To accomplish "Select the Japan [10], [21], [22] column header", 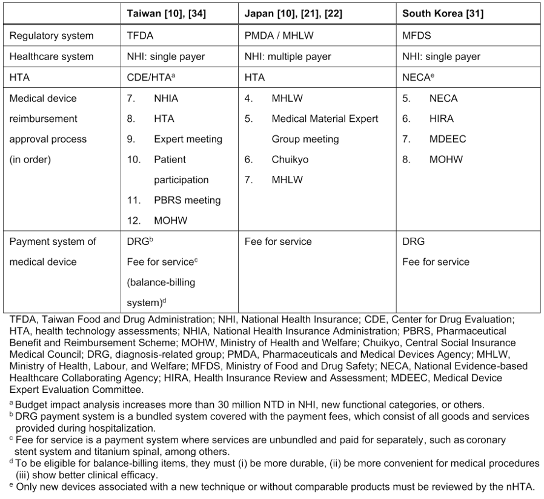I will point(293,13).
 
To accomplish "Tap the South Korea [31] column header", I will point(443,13).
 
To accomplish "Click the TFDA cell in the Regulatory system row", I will point(139,36).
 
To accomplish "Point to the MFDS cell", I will point(416,36).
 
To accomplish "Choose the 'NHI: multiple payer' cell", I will point(288,56).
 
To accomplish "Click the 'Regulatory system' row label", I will point(51,36).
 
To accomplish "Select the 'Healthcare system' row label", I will point(51,56).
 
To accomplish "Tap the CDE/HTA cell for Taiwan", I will point(149,78).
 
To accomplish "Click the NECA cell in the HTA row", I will point(417,78).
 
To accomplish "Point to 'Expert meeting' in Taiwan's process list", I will point(188,139).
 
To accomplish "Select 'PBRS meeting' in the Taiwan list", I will point(187,200).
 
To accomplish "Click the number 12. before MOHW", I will point(133,221).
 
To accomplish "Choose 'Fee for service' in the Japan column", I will point(277,241).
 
